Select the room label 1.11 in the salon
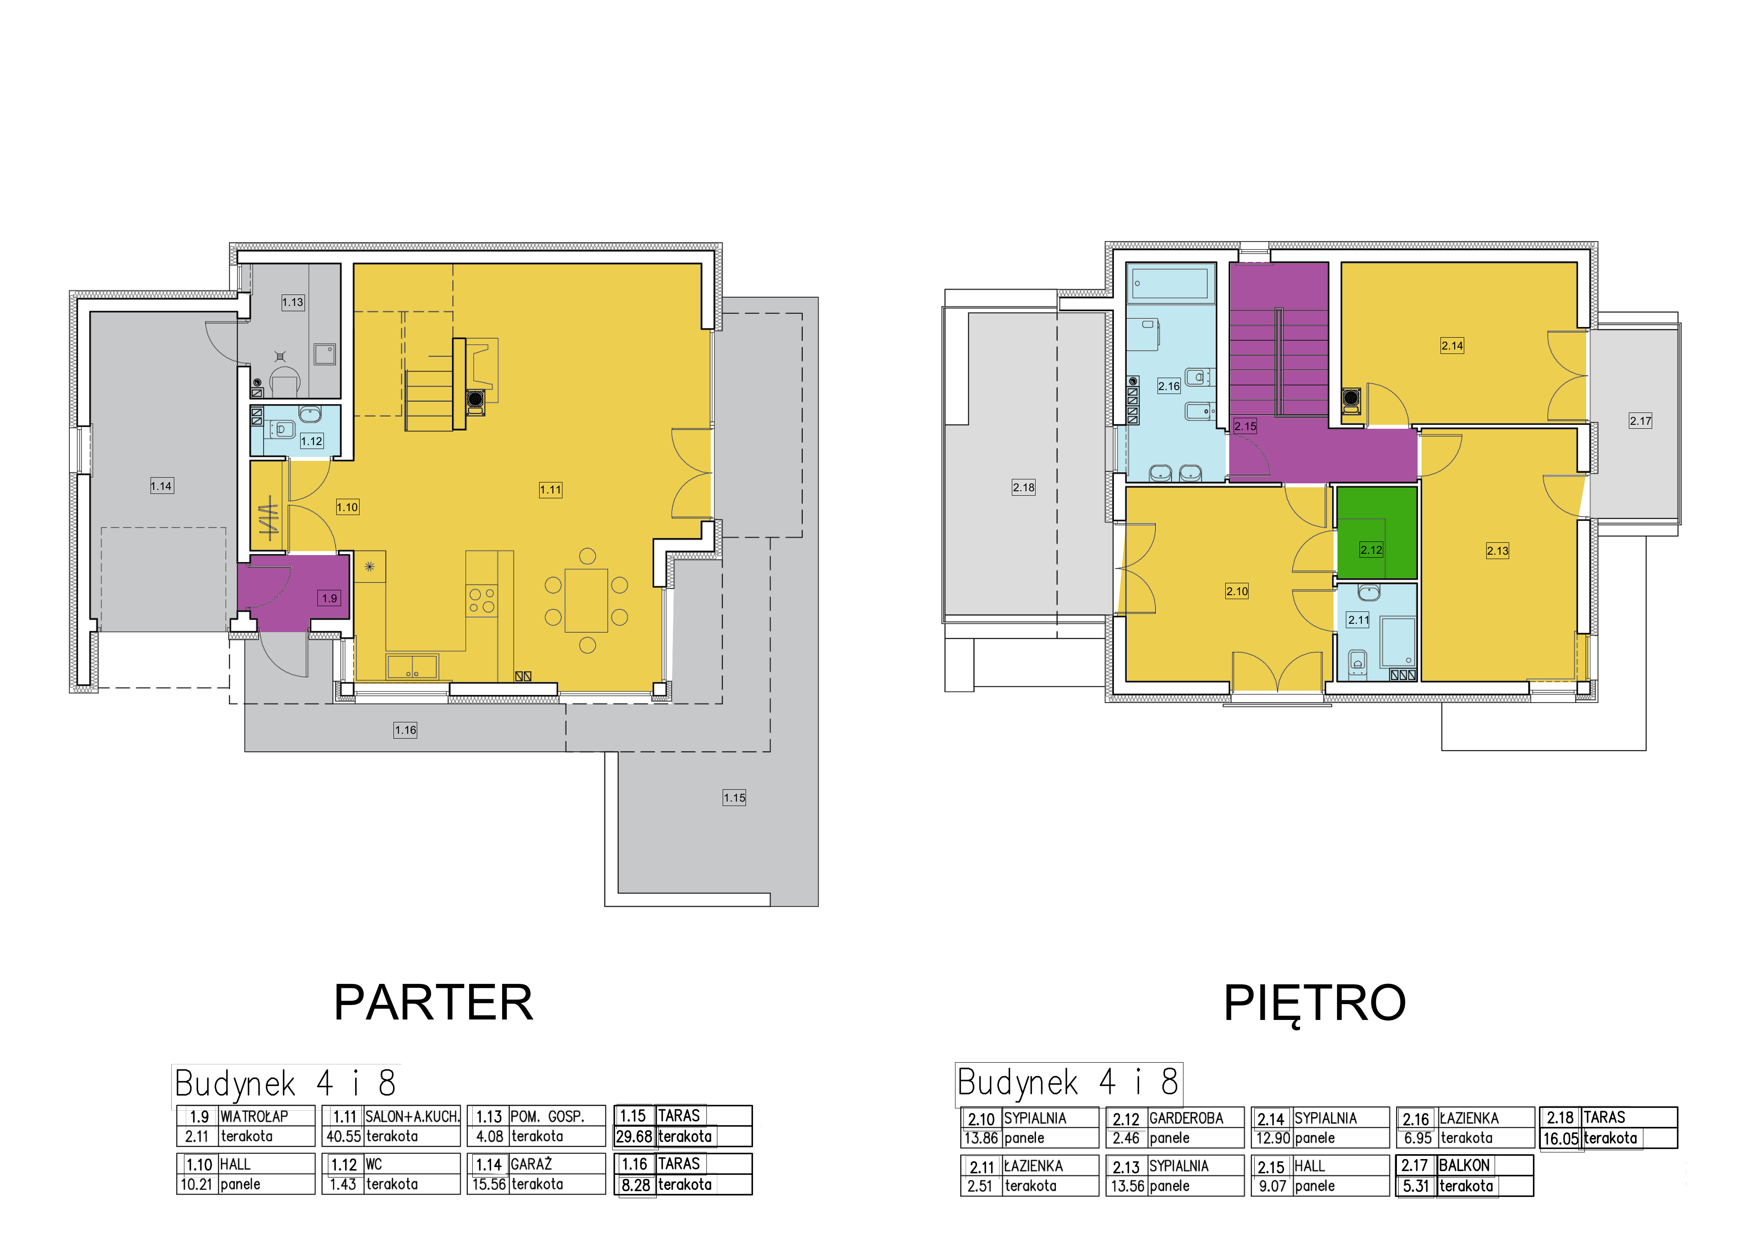pyautogui.click(x=551, y=490)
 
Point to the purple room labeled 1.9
pyautogui.click(x=294, y=592)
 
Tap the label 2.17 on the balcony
pyautogui.click(x=1640, y=421)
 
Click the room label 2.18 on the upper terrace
pyautogui.click(x=1023, y=487)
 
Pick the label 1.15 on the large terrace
pyautogui.click(x=735, y=798)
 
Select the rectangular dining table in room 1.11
pyautogui.click(x=586, y=600)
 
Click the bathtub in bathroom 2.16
pyautogui.click(x=1171, y=283)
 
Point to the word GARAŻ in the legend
pyautogui.click(x=531, y=1164)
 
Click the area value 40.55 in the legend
pyautogui.click(x=343, y=1137)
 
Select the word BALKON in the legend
pyautogui.click(x=1464, y=1165)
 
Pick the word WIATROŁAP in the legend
pyautogui.click(x=254, y=1117)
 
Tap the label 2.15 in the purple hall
pyautogui.click(x=1245, y=426)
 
